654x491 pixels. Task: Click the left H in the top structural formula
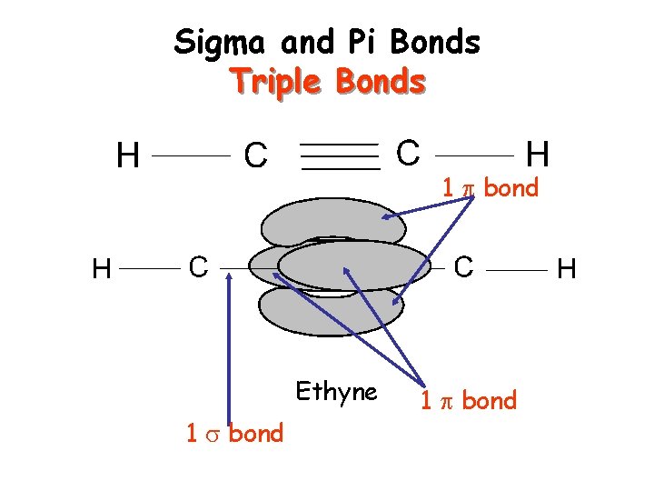[x=128, y=156]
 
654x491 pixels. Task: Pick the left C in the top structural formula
[x=255, y=156]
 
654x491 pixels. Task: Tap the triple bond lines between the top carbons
[x=340, y=156]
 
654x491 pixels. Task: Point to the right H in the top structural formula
[x=539, y=154]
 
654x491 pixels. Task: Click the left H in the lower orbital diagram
[x=103, y=269]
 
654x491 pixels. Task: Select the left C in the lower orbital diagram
[x=199, y=267]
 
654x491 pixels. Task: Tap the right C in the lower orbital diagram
[x=463, y=267]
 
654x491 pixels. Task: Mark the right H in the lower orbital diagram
[x=567, y=268]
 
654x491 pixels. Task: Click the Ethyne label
[x=336, y=392]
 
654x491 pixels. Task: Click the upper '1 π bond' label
[x=490, y=188]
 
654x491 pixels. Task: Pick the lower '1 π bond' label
[x=468, y=401]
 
